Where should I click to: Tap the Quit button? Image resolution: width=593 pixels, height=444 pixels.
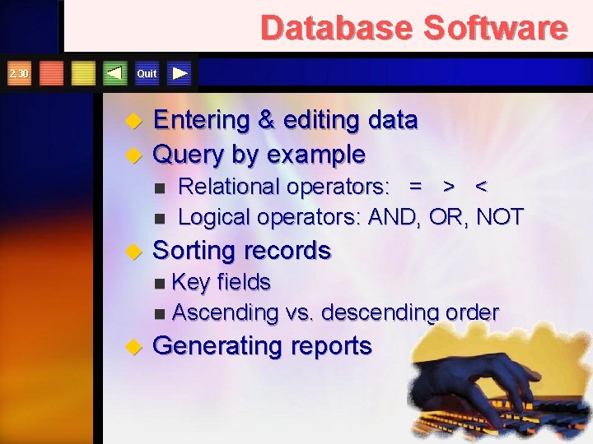[147, 73]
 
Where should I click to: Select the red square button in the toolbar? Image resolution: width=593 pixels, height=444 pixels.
[52, 73]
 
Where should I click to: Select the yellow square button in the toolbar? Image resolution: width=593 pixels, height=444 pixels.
[83, 73]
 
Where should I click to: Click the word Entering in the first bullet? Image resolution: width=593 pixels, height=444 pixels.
[202, 121]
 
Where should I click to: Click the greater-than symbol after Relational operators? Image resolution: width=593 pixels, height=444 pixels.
[449, 187]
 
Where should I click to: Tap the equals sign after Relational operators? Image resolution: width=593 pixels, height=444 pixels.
[417, 187]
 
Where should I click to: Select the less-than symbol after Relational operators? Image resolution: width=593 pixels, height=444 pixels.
[481, 187]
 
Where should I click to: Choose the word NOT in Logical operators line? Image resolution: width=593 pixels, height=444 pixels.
[499, 217]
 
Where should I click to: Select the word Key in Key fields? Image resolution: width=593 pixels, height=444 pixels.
[191, 282]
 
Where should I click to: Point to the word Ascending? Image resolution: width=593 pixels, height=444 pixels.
[226, 313]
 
